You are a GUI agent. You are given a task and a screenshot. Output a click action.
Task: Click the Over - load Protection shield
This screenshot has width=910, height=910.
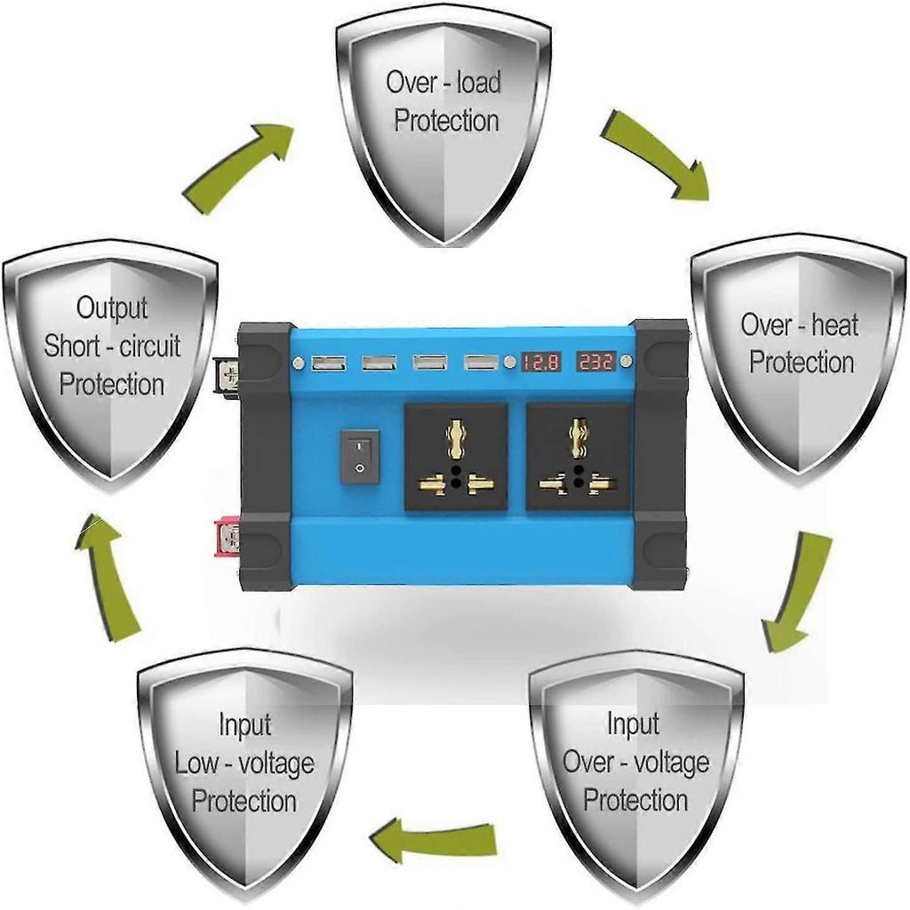point(444,124)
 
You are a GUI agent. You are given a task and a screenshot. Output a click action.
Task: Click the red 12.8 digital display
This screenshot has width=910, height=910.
point(539,363)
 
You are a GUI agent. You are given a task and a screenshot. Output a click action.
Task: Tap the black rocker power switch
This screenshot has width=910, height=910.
point(359,458)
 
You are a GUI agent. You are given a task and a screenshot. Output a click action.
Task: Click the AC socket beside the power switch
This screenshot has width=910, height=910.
point(456,458)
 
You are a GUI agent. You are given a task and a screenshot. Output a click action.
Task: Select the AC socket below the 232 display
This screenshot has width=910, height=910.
point(578,458)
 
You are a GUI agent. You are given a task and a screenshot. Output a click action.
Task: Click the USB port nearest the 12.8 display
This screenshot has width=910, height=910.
point(481,363)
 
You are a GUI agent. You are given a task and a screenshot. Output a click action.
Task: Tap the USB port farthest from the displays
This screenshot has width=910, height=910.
point(329,363)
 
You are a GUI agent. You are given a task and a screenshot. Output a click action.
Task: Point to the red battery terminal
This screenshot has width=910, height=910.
point(227,538)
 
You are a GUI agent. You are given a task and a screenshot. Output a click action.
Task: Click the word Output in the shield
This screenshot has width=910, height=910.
point(111,307)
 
